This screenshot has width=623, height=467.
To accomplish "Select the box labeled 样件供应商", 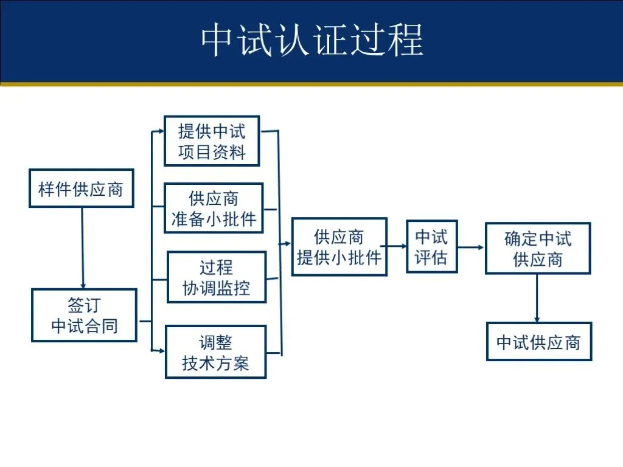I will pos(81,189).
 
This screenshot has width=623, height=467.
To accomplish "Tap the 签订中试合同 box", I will pos(84,315).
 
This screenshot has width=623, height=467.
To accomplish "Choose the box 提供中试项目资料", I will pos(212,141).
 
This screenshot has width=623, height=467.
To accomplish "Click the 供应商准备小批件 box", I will pos(214,208).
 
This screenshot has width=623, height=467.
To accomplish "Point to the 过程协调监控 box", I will pos(217,277).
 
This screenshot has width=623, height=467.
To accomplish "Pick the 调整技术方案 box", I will pos(215,352).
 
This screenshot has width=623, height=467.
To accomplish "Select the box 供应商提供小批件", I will pos(339,247).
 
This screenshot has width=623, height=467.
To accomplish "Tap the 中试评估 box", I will pos(431,246).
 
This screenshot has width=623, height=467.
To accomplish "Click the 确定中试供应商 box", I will pos(537,248).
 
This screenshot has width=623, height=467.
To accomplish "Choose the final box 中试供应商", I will pos(538,342).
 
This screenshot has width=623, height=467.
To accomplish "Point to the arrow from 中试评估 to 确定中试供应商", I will pos(471,247).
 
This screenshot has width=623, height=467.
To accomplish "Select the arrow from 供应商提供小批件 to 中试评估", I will pos(397,246).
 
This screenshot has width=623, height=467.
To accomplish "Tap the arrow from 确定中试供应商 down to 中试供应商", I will pos(537,298).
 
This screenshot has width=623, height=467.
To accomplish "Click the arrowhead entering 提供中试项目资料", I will pos(160,130).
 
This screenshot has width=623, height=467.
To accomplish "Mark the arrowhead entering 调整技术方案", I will pos(161,351).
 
